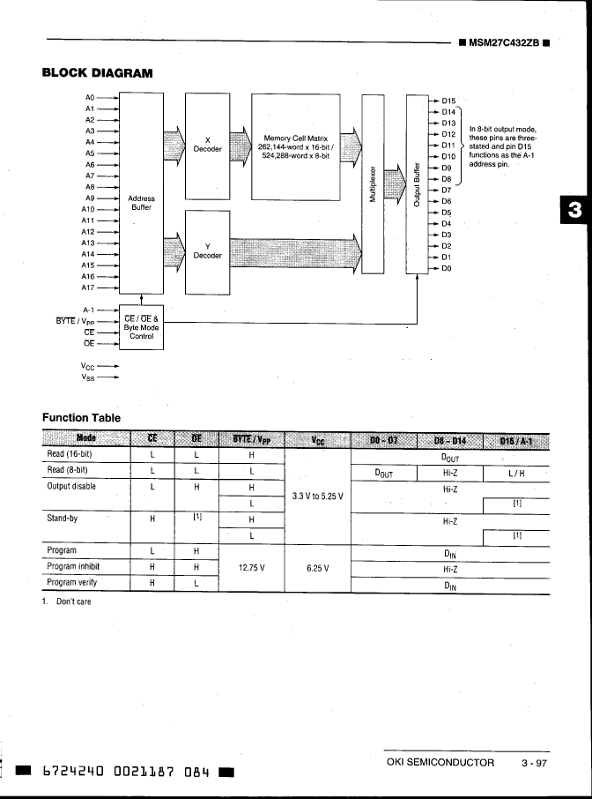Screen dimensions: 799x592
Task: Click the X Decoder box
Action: click(207, 145)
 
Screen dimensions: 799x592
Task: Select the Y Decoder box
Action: click(207, 251)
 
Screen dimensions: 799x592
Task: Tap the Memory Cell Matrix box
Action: click(296, 145)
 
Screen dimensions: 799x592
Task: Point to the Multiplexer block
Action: click(374, 184)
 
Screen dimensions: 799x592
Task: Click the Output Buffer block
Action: click(417, 184)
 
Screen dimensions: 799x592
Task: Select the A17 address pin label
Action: click(88, 287)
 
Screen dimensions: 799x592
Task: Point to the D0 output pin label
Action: click(447, 268)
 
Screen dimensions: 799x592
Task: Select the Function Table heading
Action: click(81, 416)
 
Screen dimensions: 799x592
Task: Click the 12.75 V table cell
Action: click(252, 567)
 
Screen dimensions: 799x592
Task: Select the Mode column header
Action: click(86, 438)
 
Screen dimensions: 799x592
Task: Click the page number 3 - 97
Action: click(534, 762)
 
